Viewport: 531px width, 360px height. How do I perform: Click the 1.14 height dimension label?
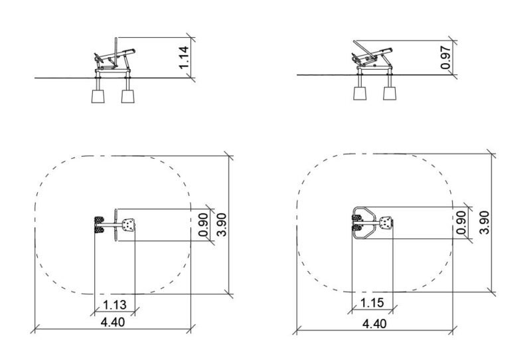coord(184,57)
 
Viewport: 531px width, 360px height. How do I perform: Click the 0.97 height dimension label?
coord(446,58)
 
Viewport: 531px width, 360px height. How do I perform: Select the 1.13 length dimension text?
coord(115,305)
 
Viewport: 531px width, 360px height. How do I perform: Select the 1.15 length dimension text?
coord(372,302)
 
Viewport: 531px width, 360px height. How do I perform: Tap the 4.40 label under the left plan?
coord(113,322)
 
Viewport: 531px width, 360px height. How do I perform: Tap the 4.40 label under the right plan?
coord(374,323)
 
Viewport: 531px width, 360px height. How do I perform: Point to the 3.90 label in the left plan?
coord(222,225)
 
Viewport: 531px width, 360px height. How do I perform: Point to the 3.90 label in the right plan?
coord(485,223)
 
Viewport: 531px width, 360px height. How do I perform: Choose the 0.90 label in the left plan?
coord(203,225)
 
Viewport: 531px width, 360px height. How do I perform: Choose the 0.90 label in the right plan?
coord(461,223)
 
